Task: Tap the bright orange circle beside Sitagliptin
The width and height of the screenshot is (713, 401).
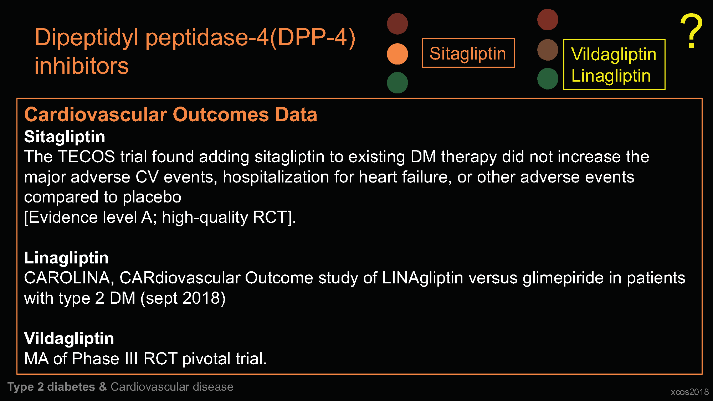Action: coord(397,54)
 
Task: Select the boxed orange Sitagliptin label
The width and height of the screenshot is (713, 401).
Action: coord(468,53)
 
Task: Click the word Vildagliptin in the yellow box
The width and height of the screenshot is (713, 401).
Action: coord(614,54)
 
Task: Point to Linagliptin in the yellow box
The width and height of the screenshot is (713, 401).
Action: coord(611,76)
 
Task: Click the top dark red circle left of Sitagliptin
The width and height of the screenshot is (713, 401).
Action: coord(397,24)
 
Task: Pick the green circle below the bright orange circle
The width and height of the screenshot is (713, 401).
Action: coord(397,83)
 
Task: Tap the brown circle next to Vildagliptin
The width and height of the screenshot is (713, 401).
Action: coord(548,50)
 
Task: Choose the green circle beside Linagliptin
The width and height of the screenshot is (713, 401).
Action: coord(548,79)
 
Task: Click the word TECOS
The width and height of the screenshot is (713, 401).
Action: coord(86,156)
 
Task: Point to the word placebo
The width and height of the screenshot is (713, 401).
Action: coord(152,197)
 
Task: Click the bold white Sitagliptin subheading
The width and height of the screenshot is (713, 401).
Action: coord(65,137)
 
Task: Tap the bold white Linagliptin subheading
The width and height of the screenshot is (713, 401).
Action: coord(66,258)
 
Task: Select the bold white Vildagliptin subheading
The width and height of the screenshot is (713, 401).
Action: coord(69,338)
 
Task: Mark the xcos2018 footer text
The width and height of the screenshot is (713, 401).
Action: coord(690,392)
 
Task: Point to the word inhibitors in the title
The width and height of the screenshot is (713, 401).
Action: coord(82,66)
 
